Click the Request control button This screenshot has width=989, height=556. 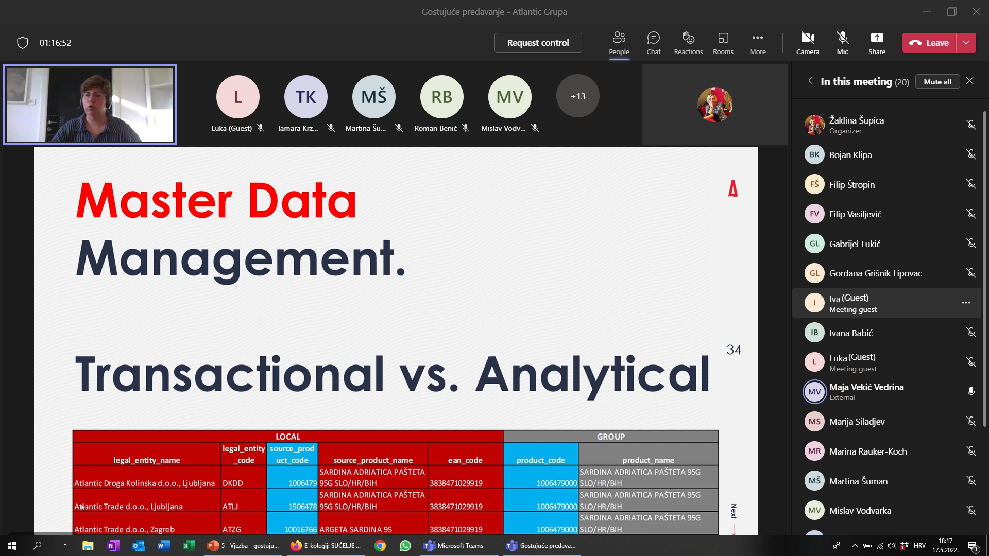pos(538,43)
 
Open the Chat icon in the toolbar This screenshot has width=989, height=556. pos(654,43)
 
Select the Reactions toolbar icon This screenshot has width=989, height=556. pos(688,43)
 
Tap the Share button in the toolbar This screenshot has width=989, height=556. pos(877,43)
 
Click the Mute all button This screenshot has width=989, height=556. pos(937,82)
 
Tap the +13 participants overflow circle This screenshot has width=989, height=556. pos(578,96)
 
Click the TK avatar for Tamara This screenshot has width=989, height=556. pos(306,97)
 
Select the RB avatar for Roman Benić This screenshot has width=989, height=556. pos(442,97)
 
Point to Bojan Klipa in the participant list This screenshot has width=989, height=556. pos(850,155)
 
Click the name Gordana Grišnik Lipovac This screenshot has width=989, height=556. pos(876,273)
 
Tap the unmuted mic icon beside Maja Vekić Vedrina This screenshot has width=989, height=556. pos(971,392)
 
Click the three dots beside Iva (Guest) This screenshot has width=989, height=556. pos(966,303)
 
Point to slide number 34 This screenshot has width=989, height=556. pos(734,350)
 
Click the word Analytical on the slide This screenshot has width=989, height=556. pos(593,374)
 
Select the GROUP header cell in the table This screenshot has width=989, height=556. pos(611,437)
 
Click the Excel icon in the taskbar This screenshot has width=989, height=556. pos(189,546)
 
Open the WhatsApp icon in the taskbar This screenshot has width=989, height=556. pos(405,546)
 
